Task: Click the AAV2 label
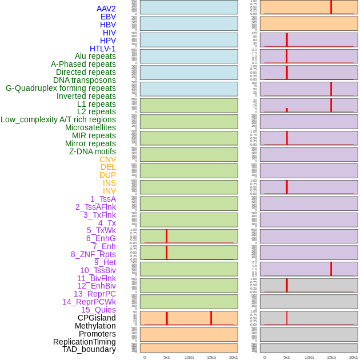pos(106,9)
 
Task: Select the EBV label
pos(108,17)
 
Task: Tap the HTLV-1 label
pos(102,49)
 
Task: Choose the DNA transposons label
pos(85,80)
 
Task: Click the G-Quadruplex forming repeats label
pos(61,88)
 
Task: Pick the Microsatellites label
pos(90,127)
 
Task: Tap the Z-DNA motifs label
pos(92,151)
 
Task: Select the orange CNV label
pos(107,159)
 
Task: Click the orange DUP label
pos(107,175)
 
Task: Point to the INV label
pos(109,191)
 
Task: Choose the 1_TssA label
pos(103,199)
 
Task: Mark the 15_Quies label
pos(98,310)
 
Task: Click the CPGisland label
pos(97,318)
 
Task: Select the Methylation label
pos(95,326)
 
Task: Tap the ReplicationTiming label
pos(85,342)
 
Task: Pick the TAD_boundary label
pos(89,349)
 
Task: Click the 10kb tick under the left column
pos(189,357)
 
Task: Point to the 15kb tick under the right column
pos(331,357)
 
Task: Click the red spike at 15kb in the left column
pos(211,318)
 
